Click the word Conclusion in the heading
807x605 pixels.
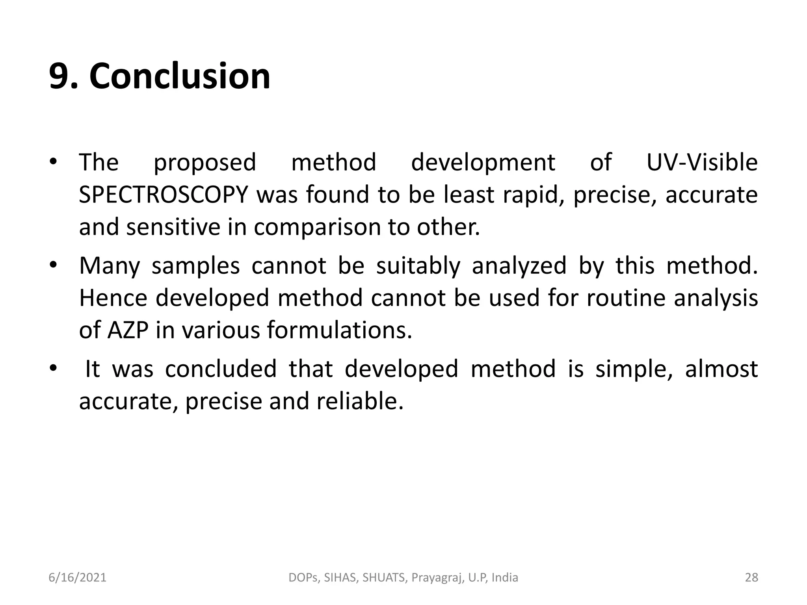pos(180,76)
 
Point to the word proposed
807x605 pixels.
pos(205,163)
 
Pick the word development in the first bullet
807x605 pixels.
pos(483,163)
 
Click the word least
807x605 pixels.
pos(469,195)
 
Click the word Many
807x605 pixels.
pos(110,266)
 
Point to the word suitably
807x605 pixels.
pos(418,266)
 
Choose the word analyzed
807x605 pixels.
pos(519,266)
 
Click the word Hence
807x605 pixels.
pos(113,298)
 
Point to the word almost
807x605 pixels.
pos(721,369)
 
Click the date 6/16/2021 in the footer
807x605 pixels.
pos(78,577)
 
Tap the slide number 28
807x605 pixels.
pos(751,577)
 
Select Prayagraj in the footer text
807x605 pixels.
pos(437,578)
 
